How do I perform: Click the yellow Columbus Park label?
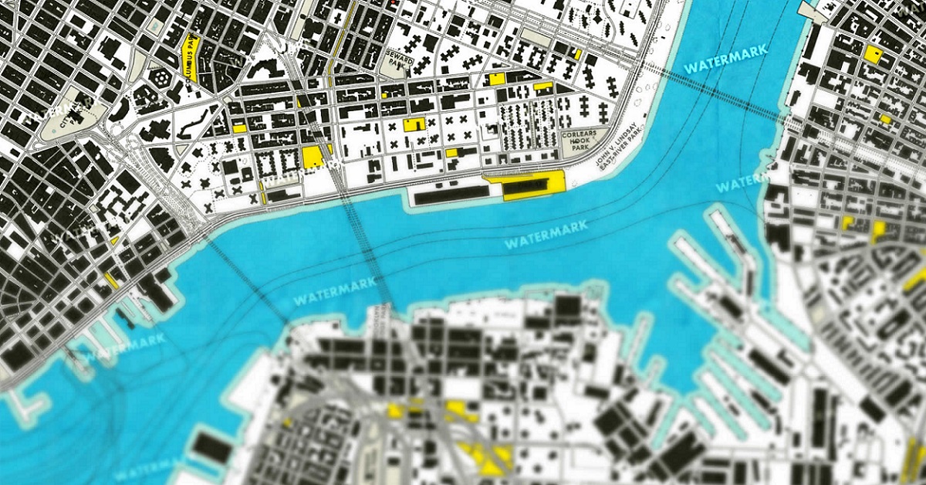[191, 59]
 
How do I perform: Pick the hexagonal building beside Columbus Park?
[163, 78]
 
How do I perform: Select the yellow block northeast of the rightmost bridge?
[874, 53]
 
